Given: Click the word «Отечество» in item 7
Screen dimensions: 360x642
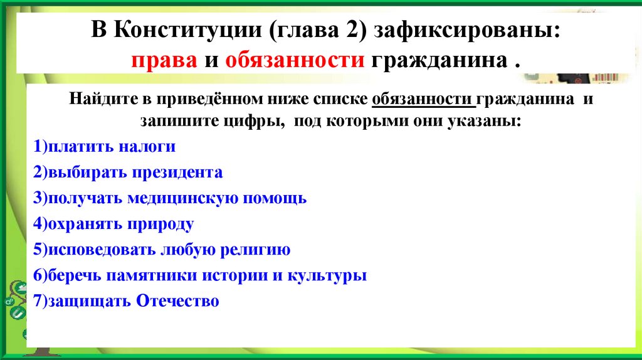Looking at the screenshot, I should [177, 301].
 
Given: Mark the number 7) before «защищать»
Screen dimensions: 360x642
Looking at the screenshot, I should [41, 301].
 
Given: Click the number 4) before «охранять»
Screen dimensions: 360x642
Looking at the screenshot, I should [41, 224].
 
